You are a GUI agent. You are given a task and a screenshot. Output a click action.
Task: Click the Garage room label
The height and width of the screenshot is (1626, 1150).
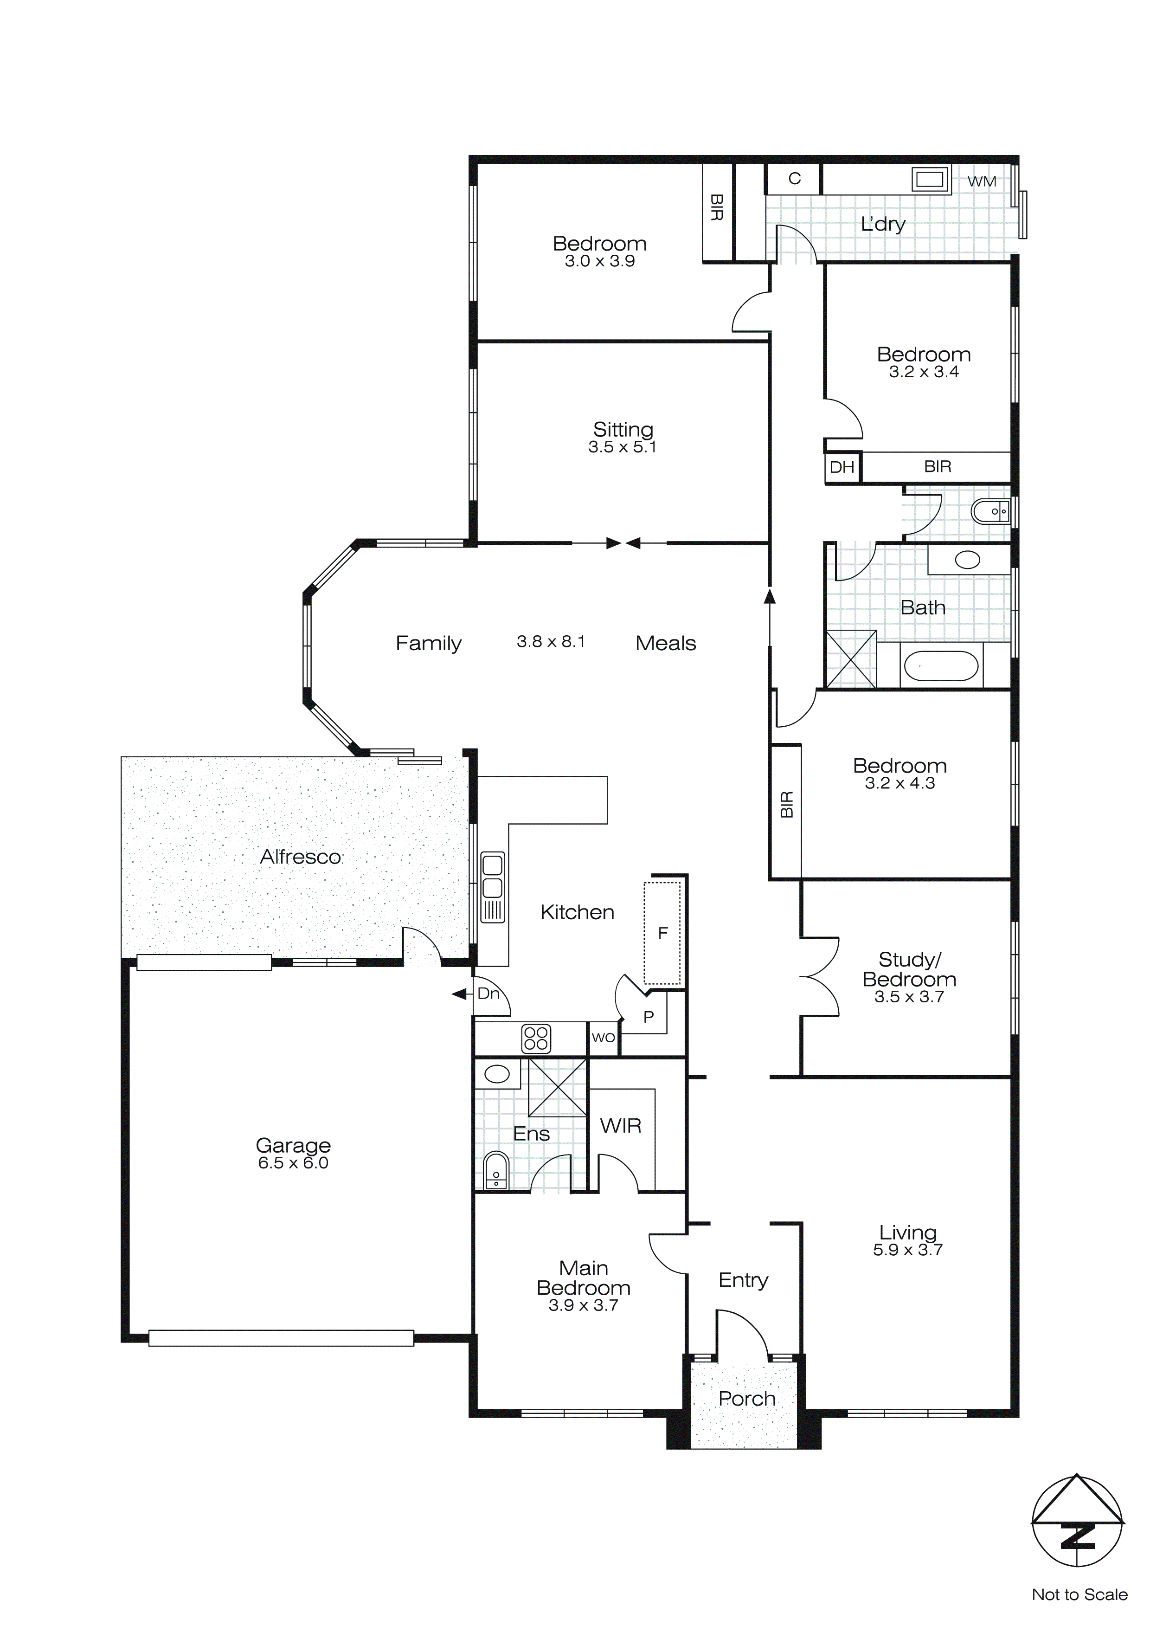(293, 1145)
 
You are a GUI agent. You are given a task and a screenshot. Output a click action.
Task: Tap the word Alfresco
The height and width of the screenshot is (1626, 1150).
(300, 857)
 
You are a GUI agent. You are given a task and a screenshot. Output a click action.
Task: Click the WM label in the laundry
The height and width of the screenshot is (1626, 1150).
(982, 181)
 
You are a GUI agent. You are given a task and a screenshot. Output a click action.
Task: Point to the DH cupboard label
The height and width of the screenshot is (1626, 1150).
(842, 467)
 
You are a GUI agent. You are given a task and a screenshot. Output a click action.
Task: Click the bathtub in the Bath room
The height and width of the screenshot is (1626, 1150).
(941, 666)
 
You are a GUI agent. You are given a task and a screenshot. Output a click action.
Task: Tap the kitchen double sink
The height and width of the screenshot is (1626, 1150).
(492, 877)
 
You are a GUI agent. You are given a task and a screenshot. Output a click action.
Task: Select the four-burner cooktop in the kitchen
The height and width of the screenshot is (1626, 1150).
(536, 1038)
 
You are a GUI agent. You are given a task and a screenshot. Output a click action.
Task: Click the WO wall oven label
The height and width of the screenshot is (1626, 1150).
(604, 1038)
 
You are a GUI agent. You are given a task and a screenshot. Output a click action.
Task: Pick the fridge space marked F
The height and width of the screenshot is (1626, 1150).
(663, 933)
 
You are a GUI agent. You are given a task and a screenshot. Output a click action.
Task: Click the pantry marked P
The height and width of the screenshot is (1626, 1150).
(649, 1017)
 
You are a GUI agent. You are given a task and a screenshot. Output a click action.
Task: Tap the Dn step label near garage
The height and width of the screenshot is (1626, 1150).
(488, 994)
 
